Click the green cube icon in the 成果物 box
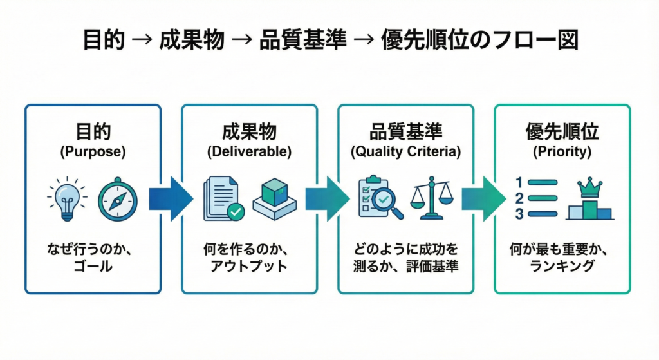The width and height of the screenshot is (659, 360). point(274,196)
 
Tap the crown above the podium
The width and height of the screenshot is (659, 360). point(589,187)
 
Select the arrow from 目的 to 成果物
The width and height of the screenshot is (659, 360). point(171,199)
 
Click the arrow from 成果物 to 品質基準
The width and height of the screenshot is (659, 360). point(327,199)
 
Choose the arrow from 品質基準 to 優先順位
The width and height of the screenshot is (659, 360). point(483,199)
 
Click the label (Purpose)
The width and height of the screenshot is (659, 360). point(93,153)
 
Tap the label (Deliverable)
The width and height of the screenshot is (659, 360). point(249,153)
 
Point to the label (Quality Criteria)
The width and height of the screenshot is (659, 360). point(405,153)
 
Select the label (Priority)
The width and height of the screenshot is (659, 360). point(562,153)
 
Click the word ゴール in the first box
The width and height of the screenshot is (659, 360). point(93,265)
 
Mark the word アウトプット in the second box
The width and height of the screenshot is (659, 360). point(249,265)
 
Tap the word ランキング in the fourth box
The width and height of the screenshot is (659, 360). point(562,265)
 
